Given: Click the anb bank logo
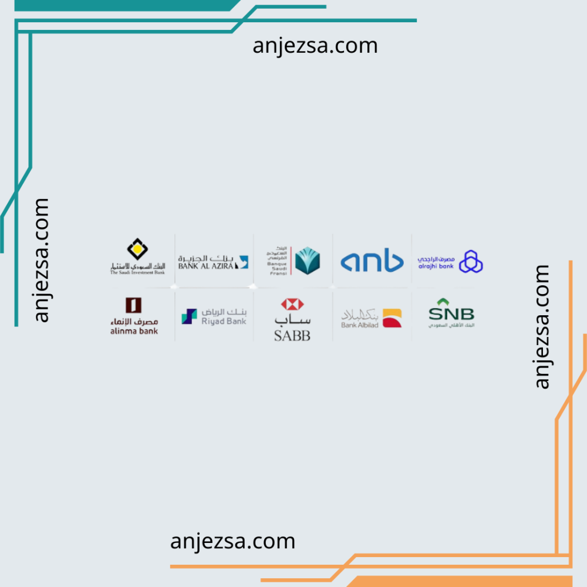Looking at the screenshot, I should pos(372,261).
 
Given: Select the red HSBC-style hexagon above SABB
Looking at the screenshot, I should pos(292,304).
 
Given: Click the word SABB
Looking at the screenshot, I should pos(292,335).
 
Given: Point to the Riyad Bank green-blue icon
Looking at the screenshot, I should pos(189,316).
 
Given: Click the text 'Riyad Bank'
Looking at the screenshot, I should pos(224,321).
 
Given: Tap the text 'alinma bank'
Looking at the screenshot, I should pos(134,331).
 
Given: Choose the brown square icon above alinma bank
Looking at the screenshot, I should pos(134,305).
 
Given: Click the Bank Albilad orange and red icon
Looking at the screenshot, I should pos(392,318).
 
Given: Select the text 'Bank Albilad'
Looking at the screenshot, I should pos(359,325).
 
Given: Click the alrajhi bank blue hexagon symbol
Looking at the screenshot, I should pos(471,262).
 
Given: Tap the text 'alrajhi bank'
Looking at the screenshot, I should pos(436,266).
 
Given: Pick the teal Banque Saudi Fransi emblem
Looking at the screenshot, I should pos(307,261).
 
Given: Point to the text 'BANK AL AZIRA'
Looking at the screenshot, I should pos(206,266).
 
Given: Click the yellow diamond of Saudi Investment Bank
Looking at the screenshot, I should pos(137,250).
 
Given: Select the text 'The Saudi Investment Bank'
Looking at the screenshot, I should pos(137,272).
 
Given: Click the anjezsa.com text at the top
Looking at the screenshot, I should pos(315,45).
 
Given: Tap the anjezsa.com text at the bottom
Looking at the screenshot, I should pos(232,541).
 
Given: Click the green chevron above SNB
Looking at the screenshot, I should pos(451,302).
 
